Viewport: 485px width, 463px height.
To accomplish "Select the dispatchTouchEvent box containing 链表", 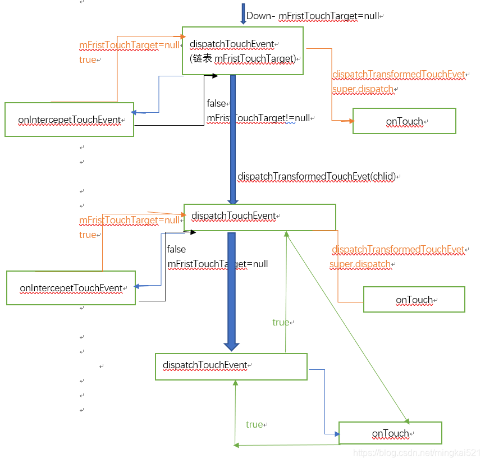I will click(242, 51).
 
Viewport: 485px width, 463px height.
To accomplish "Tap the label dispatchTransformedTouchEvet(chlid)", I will click(317, 176).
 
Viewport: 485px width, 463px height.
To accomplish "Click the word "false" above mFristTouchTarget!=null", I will click(216, 103).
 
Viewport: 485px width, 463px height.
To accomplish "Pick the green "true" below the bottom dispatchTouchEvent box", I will click(254, 424).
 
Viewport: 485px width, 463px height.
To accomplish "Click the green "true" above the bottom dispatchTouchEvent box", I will click(281, 322).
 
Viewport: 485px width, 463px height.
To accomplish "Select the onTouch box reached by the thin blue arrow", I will click(390, 433).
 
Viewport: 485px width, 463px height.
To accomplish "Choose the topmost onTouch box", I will click(404, 121).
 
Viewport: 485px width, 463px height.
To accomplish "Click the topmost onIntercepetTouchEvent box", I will click(69, 120).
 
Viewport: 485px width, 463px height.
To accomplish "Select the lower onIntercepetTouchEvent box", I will click(71, 288).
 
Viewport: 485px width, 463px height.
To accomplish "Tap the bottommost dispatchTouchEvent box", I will click(231, 366).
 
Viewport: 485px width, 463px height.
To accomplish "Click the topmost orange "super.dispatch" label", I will click(363, 89).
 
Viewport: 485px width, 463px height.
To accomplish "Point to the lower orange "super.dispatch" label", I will click(360, 264).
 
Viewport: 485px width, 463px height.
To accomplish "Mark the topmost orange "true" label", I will click(88, 59).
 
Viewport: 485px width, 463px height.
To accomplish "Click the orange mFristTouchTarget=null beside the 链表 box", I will click(129, 45).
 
